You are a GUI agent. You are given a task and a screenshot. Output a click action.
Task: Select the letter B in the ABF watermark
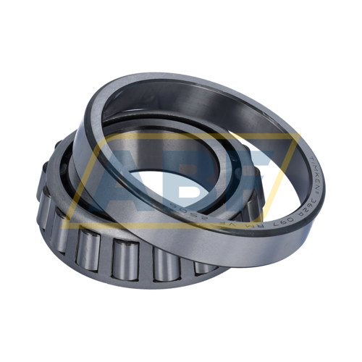pyautogui.click(x=185, y=174)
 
